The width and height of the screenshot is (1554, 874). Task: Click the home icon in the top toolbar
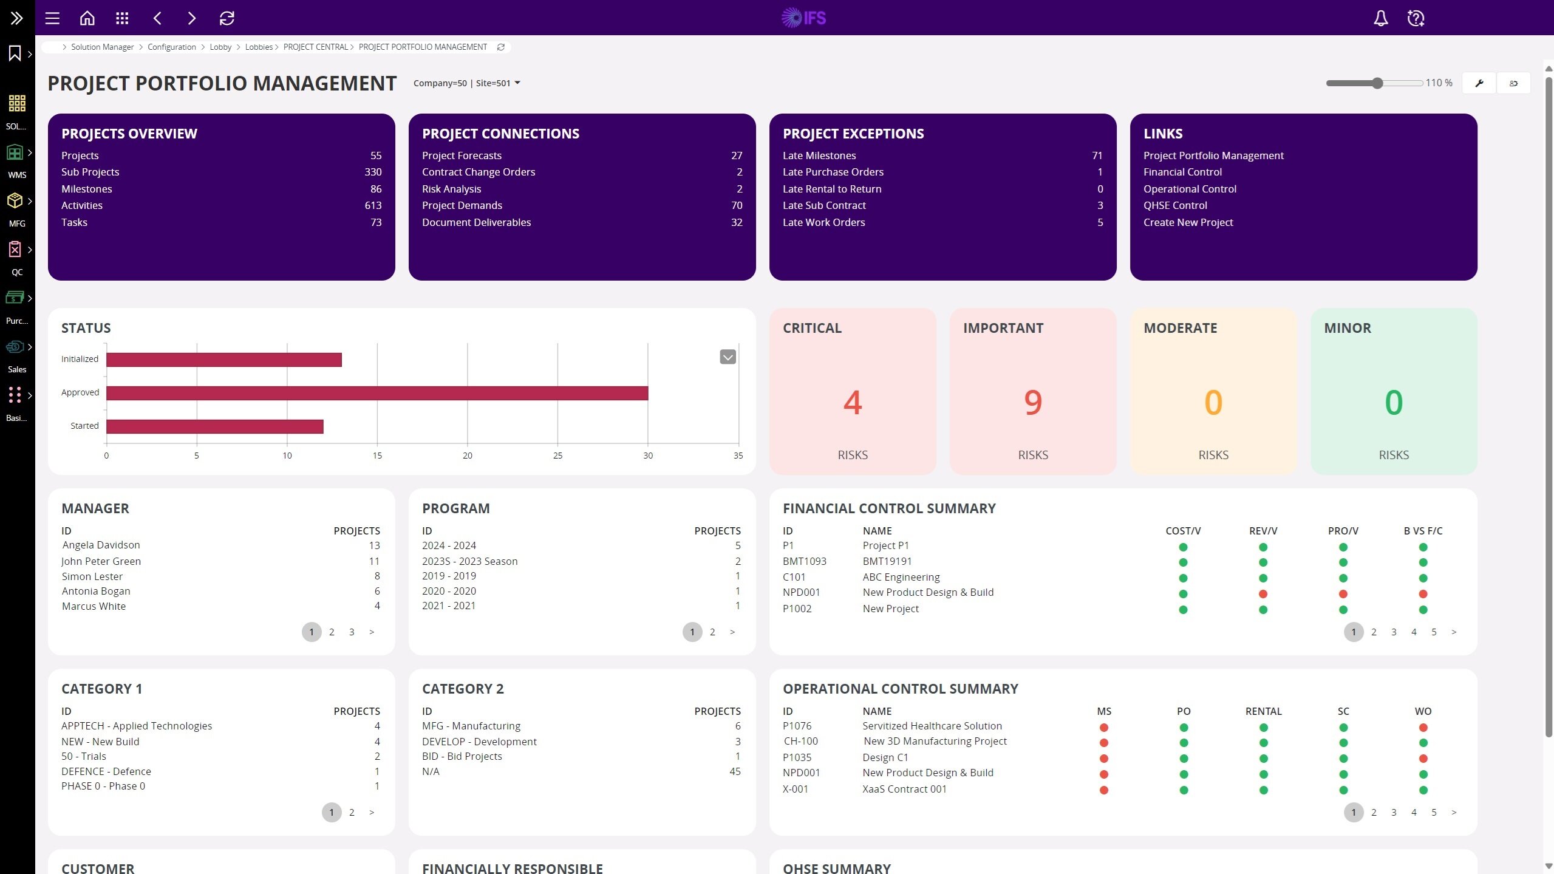tap(87, 18)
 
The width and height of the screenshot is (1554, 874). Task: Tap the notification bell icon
tap(1381, 18)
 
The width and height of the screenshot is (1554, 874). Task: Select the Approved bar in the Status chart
tap(377, 393)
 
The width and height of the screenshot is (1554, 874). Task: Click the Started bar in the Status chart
tap(214, 426)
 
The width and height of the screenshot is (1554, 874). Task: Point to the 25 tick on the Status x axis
tap(557, 456)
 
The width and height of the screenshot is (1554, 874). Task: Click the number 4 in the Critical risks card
tap(853, 402)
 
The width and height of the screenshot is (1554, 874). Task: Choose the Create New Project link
tap(1188, 222)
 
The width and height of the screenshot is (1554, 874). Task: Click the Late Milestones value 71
tap(1097, 155)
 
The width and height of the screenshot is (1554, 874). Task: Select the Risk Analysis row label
tap(451, 189)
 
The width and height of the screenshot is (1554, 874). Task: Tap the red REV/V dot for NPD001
tap(1263, 594)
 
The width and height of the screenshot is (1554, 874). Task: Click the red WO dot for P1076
tap(1423, 728)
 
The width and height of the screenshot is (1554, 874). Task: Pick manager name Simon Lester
tap(92, 576)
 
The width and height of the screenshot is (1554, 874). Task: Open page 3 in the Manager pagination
tap(352, 632)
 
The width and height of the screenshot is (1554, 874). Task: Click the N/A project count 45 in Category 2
tap(735, 771)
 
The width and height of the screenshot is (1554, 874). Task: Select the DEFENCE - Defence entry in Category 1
tap(106, 771)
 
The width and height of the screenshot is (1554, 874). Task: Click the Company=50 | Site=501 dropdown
tap(466, 83)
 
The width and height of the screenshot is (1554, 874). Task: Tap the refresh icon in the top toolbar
tap(227, 18)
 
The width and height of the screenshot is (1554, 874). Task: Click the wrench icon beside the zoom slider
tap(1479, 83)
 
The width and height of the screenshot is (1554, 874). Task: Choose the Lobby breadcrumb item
tap(220, 47)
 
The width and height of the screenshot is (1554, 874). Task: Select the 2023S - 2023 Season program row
tap(469, 561)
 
